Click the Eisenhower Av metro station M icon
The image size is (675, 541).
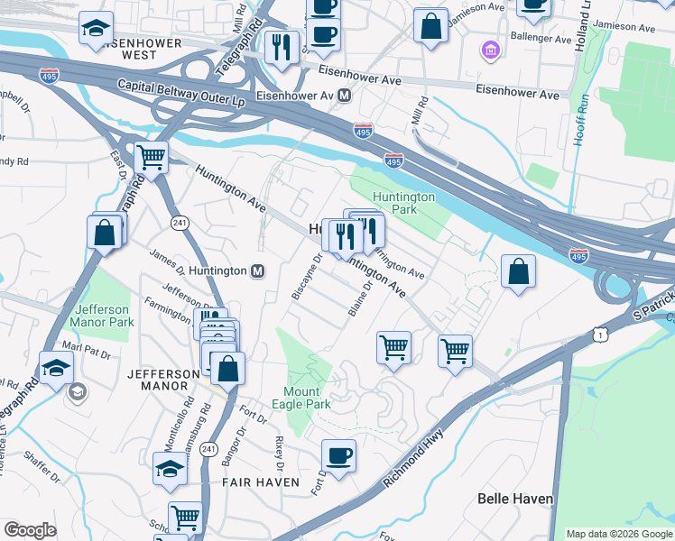point(346,95)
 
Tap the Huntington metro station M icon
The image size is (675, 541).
point(258,270)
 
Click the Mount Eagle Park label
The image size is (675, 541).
point(307,398)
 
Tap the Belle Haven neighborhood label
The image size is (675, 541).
point(514,499)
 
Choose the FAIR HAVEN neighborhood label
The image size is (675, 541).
point(261,482)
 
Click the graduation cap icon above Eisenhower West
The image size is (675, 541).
point(96,29)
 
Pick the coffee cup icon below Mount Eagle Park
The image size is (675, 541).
point(339,454)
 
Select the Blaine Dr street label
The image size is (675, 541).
point(359,299)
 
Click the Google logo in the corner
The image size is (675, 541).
point(30,530)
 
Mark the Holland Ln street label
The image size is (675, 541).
point(585,14)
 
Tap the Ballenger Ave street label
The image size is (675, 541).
point(543,41)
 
